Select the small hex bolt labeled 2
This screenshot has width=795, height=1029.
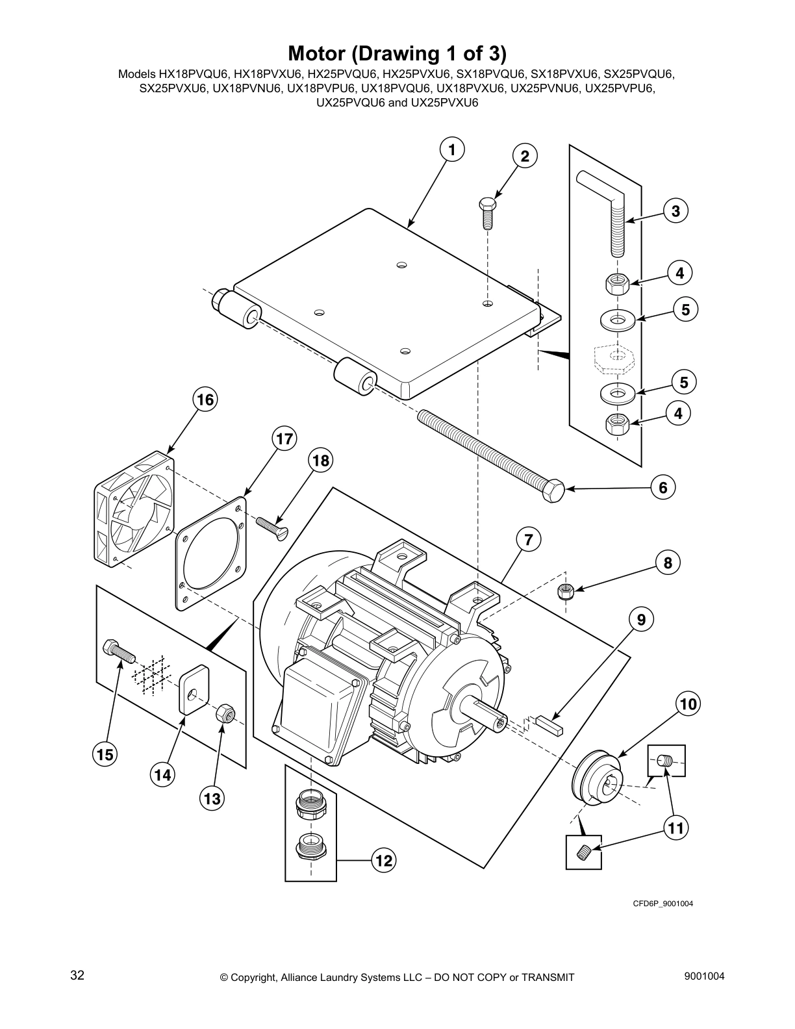[486, 212]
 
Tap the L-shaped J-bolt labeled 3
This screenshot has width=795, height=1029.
[614, 214]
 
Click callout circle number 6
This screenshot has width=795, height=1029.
[663, 487]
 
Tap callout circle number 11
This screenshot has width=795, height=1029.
[676, 828]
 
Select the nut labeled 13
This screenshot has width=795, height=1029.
[224, 714]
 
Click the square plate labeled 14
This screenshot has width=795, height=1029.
[192, 689]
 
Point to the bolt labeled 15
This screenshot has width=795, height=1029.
[118, 650]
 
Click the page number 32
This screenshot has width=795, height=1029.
[77, 976]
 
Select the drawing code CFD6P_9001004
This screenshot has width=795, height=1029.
[659, 904]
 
